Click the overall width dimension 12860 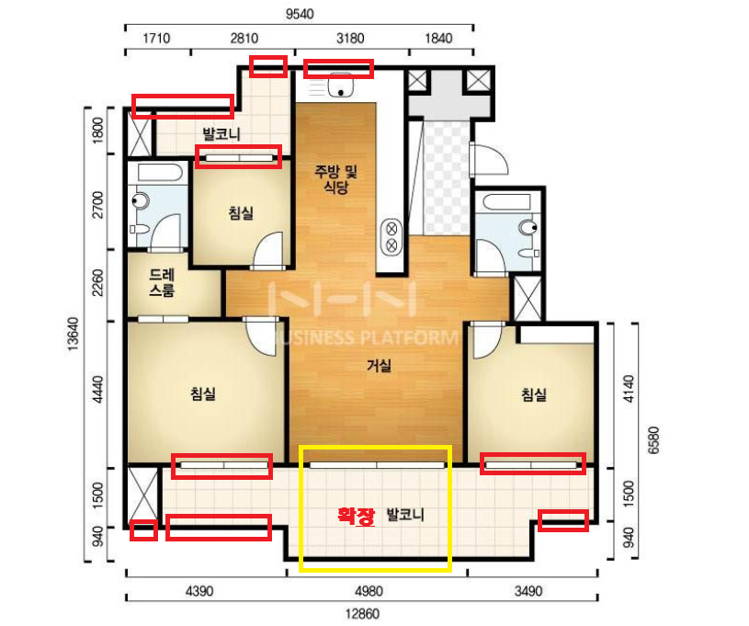pyautogui.click(x=362, y=613)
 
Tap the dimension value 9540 pyautogui.click(x=300, y=14)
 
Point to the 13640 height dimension pyautogui.click(x=73, y=334)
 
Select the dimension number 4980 pyautogui.click(x=369, y=592)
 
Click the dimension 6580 pyautogui.click(x=653, y=440)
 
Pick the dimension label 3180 pyautogui.click(x=350, y=39)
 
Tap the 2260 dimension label pyautogui.click(x=98, y=283)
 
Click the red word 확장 pyautogui.click(x=357, y=516)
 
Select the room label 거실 pyautogui.click(x=379, y=366)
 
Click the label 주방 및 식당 pyautogui.click(x=335, y=179)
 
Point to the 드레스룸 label pyautogui.click(x=162, y=282)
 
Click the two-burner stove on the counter pyautogui.click(x=392, y=237)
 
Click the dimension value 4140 pyautogui.click(x=630, y=389)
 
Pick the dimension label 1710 pyautogui.click(x=156, y=39)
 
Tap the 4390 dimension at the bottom pyautogui.click(x=199, y=592)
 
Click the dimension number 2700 pyautogui.click(x=98, y=205)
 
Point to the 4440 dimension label pyautogui.click(x=98, y=390)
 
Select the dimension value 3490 pyautogui.click(x=528, y=592)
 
